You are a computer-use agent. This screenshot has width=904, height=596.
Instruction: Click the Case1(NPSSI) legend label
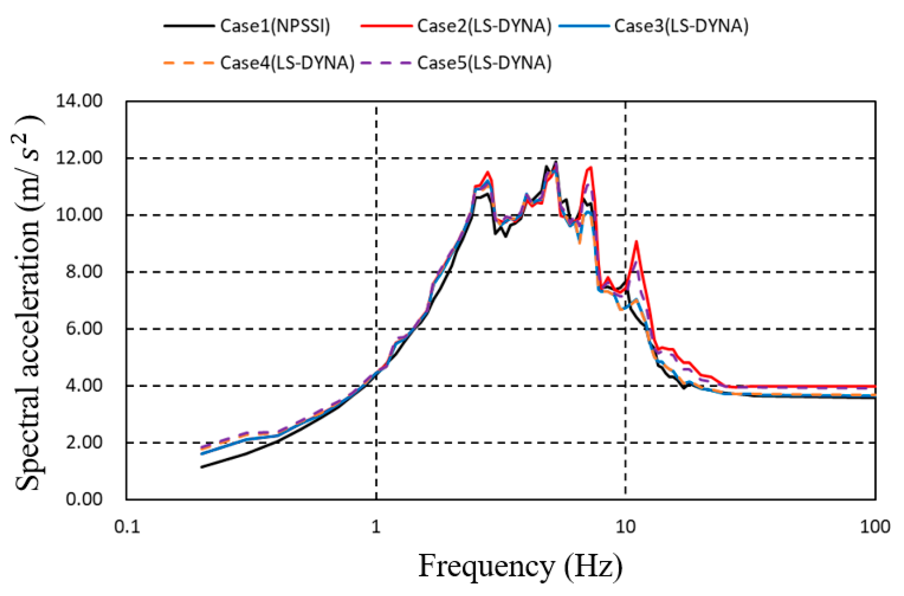click(275, 26)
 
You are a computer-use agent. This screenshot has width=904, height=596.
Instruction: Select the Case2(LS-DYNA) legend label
click(484, 26)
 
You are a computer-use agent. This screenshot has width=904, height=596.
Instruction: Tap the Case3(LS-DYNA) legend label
click(681, 26)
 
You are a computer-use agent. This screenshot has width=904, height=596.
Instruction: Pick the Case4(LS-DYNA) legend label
click(287, 63)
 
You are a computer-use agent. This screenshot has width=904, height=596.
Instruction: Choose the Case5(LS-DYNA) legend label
click(484, 63)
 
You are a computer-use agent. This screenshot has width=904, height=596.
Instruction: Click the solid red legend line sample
click(386, 26)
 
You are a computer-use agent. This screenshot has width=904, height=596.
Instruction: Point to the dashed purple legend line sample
click(386, 63)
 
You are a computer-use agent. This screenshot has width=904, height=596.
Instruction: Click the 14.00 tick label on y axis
click(79, 101)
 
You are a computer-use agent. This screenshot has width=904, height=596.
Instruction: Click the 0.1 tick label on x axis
click(127, 527)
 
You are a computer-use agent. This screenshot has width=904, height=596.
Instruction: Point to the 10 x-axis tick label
click(626, 527)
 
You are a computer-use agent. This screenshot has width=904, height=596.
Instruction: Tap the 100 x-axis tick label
click(875, 527)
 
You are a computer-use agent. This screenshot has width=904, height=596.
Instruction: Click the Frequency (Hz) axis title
click(520, 566)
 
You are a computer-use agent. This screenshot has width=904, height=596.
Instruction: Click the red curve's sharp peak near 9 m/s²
click(636, 242)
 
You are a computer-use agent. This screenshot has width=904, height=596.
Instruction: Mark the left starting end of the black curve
click(202, 467)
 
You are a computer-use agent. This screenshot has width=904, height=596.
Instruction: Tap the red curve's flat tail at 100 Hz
click(872, 386)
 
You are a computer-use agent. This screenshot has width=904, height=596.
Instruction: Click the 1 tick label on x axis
click(376, 527)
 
